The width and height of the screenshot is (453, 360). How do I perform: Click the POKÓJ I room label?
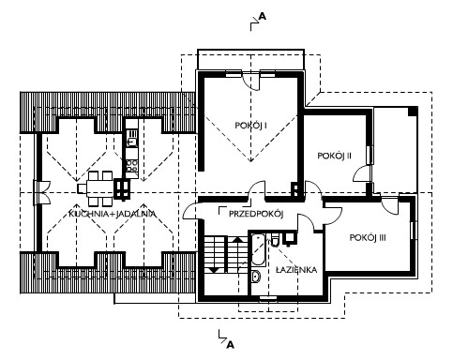250,126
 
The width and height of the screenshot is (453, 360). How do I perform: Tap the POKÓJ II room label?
335,156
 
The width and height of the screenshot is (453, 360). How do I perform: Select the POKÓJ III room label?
368,237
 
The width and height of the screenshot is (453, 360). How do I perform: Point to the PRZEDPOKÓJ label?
256,214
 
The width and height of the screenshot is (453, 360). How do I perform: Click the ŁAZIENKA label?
296,269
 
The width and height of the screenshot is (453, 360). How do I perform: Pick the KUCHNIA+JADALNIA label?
113,214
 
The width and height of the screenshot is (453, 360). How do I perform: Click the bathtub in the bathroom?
259,249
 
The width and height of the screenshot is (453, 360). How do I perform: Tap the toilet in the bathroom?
275,239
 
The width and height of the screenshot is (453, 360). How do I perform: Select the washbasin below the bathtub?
256,277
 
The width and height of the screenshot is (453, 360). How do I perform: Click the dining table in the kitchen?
97,188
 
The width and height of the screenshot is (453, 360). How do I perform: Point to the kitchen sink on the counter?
132,138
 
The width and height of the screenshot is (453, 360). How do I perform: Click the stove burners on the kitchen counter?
132,166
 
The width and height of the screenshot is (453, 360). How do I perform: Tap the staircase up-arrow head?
238,239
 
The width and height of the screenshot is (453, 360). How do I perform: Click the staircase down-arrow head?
215,269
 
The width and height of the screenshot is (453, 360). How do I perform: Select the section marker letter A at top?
263,16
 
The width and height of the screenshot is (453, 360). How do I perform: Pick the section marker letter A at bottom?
230,345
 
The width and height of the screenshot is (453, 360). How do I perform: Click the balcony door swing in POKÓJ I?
252,82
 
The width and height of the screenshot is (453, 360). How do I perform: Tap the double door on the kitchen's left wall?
41,193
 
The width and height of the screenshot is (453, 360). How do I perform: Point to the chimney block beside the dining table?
122,188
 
